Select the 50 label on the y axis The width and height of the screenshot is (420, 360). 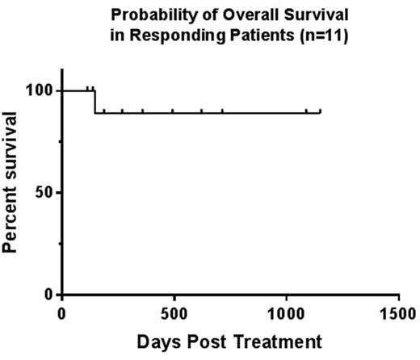pos(44,192)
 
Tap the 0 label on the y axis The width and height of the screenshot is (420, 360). pos(49,295)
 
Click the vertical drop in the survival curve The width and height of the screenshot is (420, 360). pos(95,102)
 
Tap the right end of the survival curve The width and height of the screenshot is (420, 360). pos(321,112)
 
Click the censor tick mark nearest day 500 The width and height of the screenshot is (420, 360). pos(173,111)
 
